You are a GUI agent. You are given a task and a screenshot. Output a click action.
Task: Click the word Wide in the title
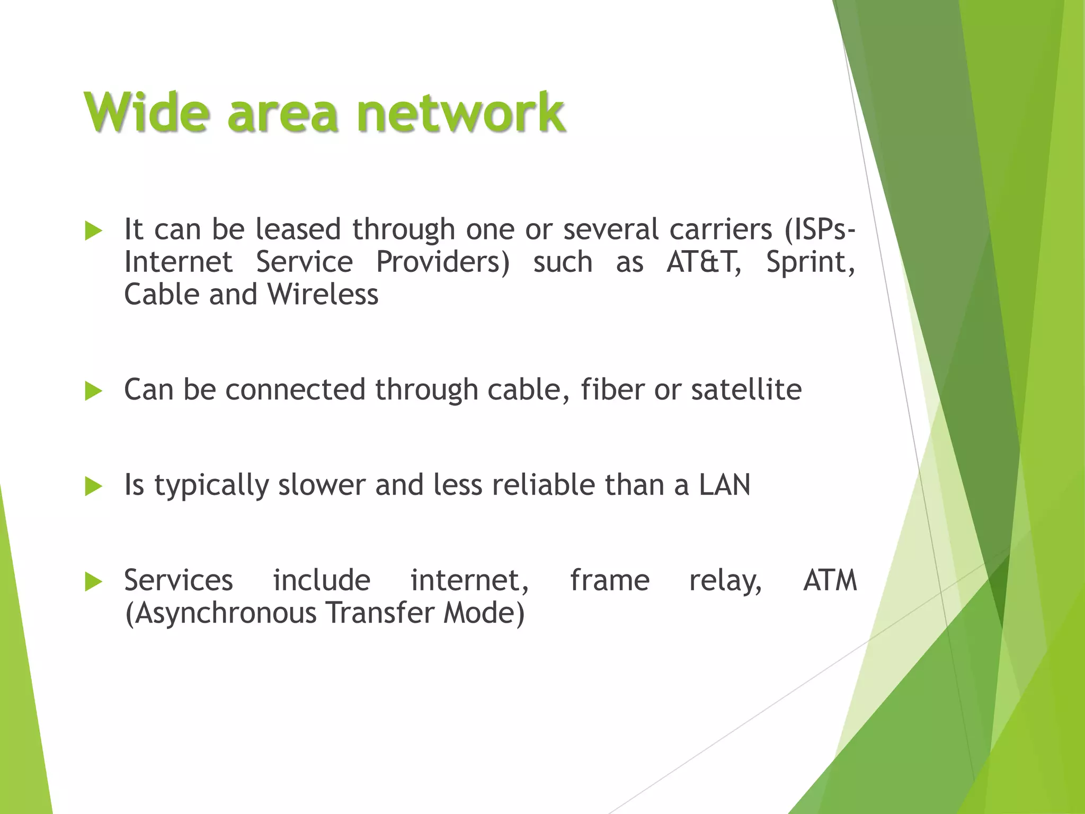146,112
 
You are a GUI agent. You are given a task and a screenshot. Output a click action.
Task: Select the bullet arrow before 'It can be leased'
93,231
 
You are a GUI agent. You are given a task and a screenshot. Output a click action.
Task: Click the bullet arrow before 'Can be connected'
93,392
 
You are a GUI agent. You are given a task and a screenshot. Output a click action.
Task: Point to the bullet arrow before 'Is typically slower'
93,486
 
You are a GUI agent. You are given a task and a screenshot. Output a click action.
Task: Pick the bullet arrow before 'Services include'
93,582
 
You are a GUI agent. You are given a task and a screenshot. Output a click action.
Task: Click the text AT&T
703,262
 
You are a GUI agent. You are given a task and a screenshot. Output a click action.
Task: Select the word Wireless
323,295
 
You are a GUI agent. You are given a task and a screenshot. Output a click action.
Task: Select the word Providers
442,262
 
